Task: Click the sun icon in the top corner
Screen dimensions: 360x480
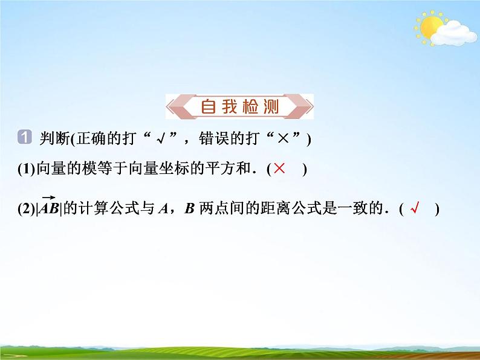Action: pos(432,28)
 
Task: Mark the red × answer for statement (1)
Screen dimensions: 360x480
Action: pos(279,169)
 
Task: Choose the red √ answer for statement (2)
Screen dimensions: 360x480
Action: pos(414,210)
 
